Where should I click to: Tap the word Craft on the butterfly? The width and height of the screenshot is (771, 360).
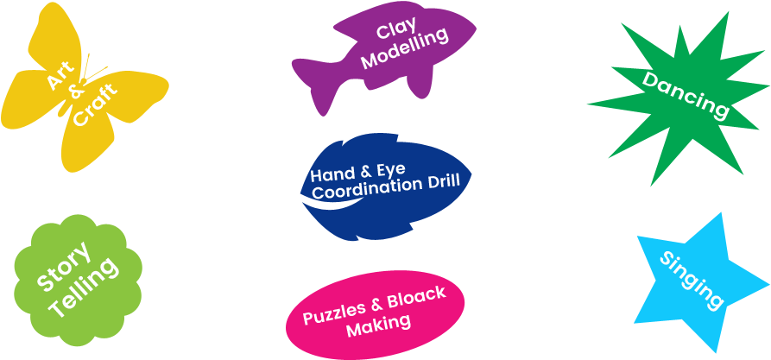pyautogui.click(x=95, y=105)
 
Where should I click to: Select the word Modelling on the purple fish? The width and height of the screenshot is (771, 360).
pyautogui.click(x=405, y=49)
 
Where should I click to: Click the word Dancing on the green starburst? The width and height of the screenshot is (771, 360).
pyautogui.click(x=686, y=95)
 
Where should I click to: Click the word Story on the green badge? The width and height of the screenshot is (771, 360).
pyautogui.click(x=63, y=268)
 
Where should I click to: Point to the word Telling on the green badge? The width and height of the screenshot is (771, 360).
pyautogui.click(x=84, y=287)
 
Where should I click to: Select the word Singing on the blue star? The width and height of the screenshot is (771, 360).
pyautogui.click(x=692, y=280)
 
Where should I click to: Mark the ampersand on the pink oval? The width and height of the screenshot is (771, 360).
pyautogui.click(x=376, y=306)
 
